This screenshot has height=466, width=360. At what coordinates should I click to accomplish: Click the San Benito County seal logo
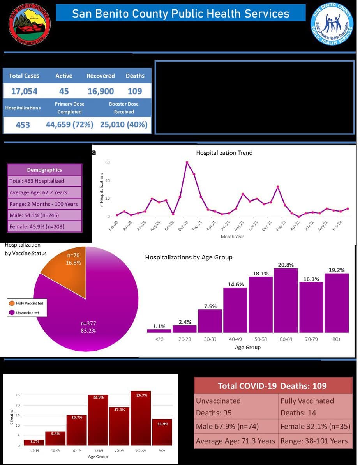(x=30, y=24)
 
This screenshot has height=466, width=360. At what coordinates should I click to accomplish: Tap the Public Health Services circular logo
(x=332, y=24)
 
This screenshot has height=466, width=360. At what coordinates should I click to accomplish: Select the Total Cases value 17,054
(x=24, y=91)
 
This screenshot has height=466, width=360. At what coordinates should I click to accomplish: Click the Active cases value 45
(x=64, y=91)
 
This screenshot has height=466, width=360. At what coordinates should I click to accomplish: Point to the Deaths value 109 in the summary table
(x=135, y=91)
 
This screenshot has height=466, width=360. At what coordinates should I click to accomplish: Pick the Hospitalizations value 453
(x=23, y=125)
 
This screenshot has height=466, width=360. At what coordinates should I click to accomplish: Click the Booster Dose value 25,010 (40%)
(x=124, y=125)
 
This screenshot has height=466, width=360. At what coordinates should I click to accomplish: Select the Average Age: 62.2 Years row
(x=44, y=192)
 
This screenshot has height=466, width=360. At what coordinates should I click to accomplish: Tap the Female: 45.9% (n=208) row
(x=44, y=226)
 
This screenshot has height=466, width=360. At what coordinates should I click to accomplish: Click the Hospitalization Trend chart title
(x=224, y=153)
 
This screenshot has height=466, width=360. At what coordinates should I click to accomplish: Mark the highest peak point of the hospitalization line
(x=187, y=162)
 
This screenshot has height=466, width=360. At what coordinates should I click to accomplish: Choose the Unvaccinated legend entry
(x=27, y=312)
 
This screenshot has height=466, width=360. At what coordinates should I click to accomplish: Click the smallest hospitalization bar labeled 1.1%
(x=159, y=330)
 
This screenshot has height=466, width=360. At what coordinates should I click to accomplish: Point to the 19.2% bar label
(x=336, y=270)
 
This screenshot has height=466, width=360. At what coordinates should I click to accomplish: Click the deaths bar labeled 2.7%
(x=34, y=442)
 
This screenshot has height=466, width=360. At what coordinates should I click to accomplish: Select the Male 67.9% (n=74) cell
(x=236, y=426)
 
